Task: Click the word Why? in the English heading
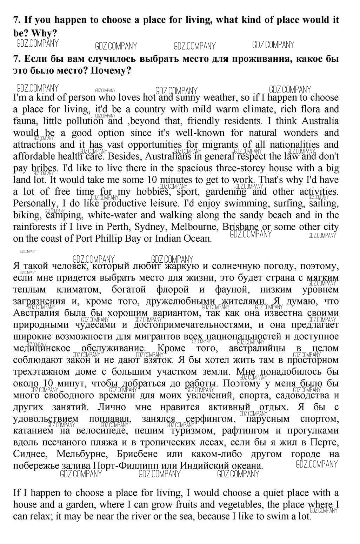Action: [x=44, y=33]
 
